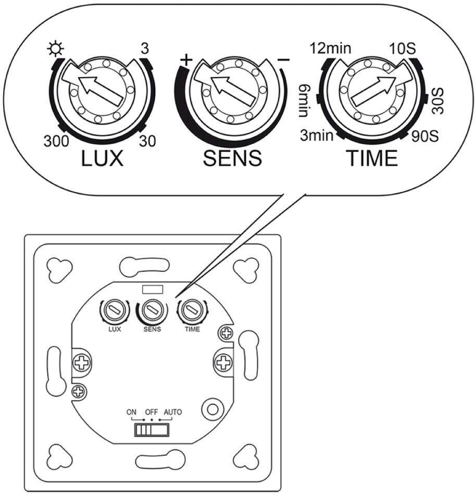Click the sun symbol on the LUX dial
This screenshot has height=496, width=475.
click(55, 49)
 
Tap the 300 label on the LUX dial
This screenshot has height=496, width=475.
click(56, 141)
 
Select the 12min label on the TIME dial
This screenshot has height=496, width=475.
click(330, 48)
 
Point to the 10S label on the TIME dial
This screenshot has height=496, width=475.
click(402, 48)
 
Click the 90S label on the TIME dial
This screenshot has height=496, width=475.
click(425, 136)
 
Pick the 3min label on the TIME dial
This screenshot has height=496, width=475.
click(317, 135)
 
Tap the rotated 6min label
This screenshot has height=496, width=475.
click(304, 101)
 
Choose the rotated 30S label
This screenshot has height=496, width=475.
click(438, 101)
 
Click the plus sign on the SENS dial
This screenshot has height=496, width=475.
click(186, 59)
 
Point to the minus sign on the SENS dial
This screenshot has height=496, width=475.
click(283, 59)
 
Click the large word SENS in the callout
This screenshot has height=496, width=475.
click(232, 158)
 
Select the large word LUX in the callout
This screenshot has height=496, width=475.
click(102, 158)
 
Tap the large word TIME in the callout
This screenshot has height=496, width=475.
click(371, 158)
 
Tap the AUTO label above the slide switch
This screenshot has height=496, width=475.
click(173, 412)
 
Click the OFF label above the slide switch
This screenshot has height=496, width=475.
click(152, 412)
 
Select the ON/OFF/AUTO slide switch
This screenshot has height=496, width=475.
click(152, 430)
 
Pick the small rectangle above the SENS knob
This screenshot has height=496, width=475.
click(153, 289)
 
